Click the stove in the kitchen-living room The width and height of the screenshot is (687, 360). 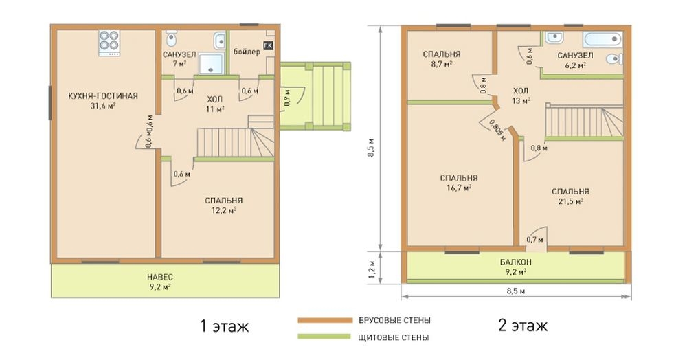109,43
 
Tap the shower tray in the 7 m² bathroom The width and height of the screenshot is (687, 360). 211,63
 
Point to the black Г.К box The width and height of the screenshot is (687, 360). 268,45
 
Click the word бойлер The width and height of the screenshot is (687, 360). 247,52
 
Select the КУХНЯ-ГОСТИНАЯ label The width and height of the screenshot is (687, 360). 103,96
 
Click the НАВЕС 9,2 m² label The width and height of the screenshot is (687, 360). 160,282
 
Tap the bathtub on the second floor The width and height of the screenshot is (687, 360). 602,39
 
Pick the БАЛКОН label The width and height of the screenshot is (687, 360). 516,262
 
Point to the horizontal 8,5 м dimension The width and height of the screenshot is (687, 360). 516,291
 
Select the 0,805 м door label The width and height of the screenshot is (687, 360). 497,130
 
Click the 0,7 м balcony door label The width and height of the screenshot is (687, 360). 534,240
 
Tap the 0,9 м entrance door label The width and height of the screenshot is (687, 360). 287,98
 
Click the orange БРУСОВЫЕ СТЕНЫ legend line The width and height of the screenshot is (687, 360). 325,320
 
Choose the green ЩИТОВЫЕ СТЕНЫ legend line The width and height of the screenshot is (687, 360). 324,337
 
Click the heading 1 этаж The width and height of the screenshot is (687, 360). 225,326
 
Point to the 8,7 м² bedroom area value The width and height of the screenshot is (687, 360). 441,64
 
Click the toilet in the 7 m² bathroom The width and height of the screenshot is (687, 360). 171,38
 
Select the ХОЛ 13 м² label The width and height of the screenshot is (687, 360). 521,95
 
